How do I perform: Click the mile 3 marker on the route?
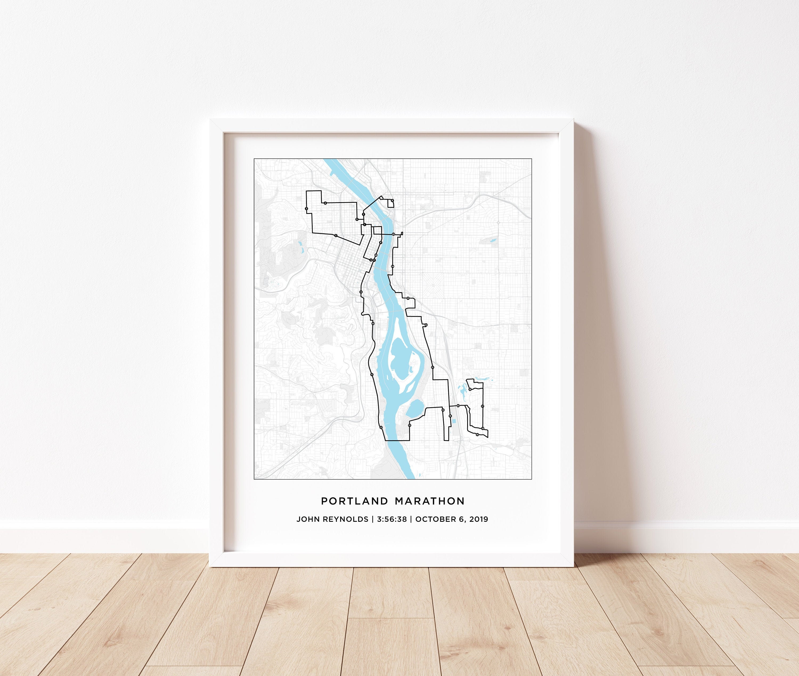(x=307, y=209)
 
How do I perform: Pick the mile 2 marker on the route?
(x=336, y=236)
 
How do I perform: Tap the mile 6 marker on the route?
(x=357, y=219)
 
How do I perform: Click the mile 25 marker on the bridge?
(x=393, y=234)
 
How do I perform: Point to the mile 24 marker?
(x=392, y=266)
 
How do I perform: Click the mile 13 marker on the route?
(x=409, y=425)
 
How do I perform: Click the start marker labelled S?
(x=371, y=260)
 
